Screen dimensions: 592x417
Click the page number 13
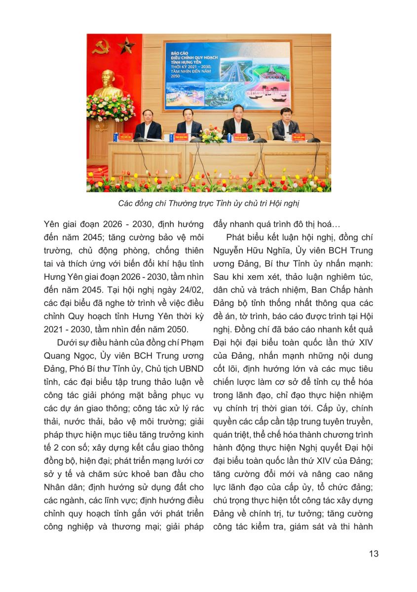(x=374, y=554)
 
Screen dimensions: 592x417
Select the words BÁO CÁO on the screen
(x=182, y=51)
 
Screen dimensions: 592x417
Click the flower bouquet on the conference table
(x=210, y=135)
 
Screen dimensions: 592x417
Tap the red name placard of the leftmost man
(x=149, y=134)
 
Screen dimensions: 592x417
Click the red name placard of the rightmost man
(x=298, y=135)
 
